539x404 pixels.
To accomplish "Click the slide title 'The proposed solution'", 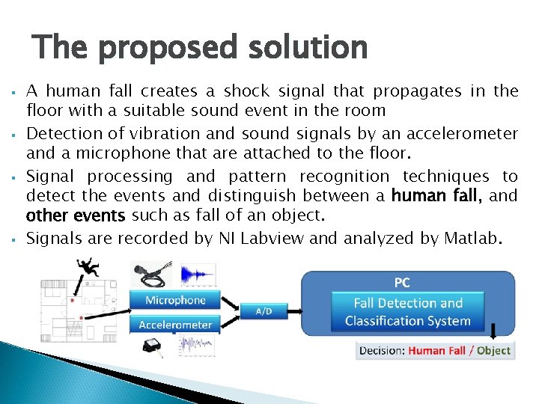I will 201,48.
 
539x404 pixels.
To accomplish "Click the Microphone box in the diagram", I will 175,300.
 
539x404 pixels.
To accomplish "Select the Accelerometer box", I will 175,325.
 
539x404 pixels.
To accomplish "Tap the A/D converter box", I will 264,310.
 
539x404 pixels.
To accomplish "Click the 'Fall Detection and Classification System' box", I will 408,312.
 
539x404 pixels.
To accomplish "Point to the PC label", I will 402,283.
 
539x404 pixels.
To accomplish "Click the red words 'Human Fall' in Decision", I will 436,350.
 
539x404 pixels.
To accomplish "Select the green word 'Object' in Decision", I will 493,350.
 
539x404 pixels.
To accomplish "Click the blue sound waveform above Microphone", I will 198,275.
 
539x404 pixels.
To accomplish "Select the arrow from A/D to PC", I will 288,310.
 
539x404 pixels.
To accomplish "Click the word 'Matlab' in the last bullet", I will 469,239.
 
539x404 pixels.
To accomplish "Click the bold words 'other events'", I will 76,217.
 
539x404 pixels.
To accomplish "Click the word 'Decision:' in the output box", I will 383,350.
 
